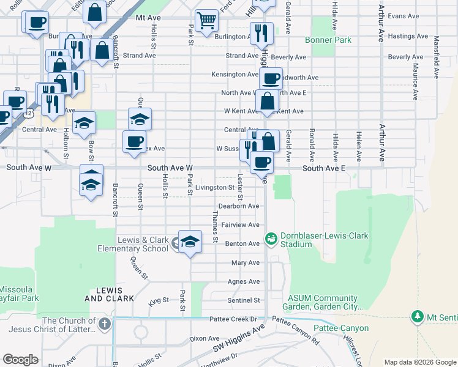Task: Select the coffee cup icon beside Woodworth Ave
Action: click(271, 78)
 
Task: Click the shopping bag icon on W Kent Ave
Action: click(267, 101)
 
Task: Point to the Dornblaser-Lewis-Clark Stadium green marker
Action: click(271, 237)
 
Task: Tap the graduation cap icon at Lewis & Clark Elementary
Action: click(190, 242)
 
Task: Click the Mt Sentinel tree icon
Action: click(417, 316)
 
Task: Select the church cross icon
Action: click(105, 323)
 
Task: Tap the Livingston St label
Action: click(215, 188)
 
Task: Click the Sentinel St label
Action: click(244, 300)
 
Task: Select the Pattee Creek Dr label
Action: click(236, 319)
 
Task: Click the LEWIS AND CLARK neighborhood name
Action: click(109, 294)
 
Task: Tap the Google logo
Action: click(20, 360)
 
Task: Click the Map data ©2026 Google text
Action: click(419, 362)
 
